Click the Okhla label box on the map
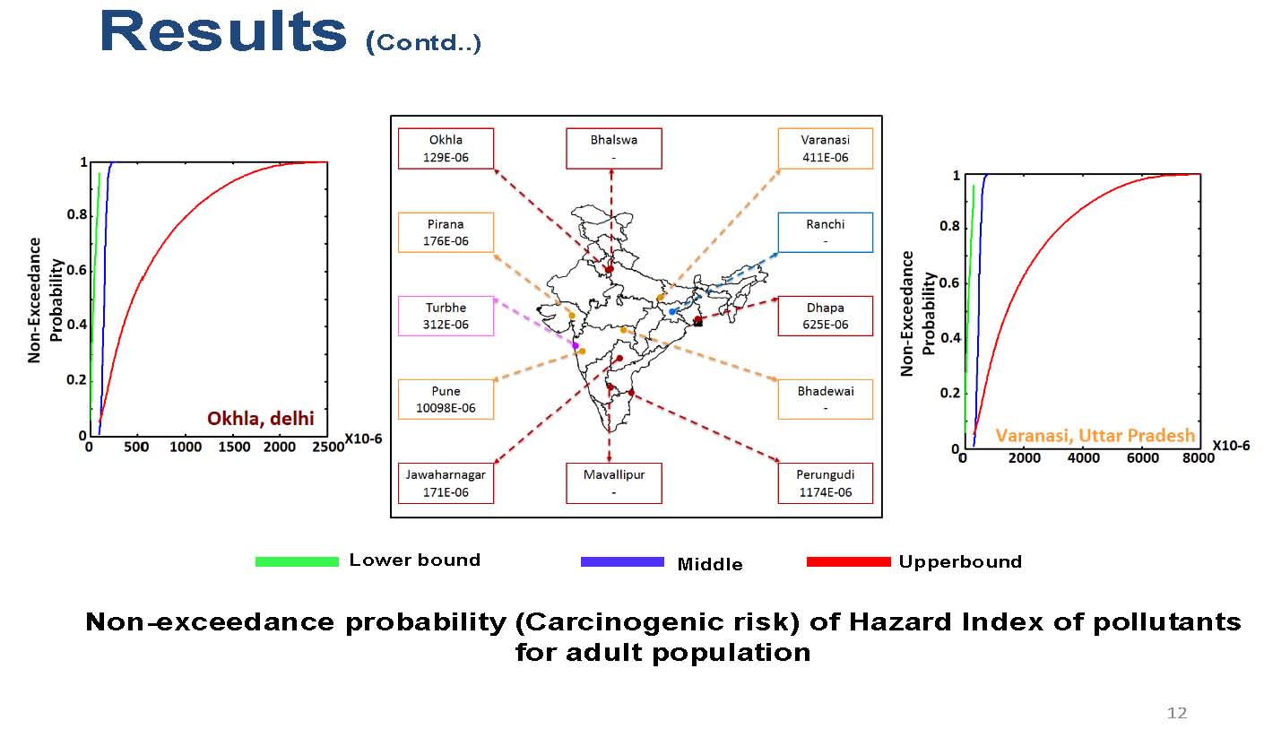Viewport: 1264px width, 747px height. tap(446, 149)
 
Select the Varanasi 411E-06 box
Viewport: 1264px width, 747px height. tap(825, 149)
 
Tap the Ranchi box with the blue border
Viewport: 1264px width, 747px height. tap(825, 232)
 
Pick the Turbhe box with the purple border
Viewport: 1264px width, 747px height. tap(446, 316)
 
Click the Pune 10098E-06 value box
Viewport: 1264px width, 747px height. tap(446, 399)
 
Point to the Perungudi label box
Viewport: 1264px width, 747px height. tap(825, 483)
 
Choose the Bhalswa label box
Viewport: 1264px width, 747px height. tap(614, 149)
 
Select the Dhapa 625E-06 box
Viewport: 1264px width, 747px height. tap(825, 316)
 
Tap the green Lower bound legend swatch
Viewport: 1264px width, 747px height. tap(297, 561)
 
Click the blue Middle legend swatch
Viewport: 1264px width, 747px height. tap(622, 561)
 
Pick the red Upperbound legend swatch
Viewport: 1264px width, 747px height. tap(849, 561)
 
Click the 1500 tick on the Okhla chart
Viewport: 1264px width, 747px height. tap(234, 447)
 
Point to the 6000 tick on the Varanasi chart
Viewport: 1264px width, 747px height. tap(1143, 457)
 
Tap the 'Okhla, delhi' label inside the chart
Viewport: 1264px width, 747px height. tap(261, 419)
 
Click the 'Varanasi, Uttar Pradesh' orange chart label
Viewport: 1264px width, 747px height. tap(1095, 435)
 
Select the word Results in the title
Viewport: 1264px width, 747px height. tap(223, 31)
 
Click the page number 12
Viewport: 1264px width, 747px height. tap(1176, 713)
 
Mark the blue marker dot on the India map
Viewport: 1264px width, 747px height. tap(672, 312)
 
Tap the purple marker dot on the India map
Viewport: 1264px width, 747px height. tap(575, 345)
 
